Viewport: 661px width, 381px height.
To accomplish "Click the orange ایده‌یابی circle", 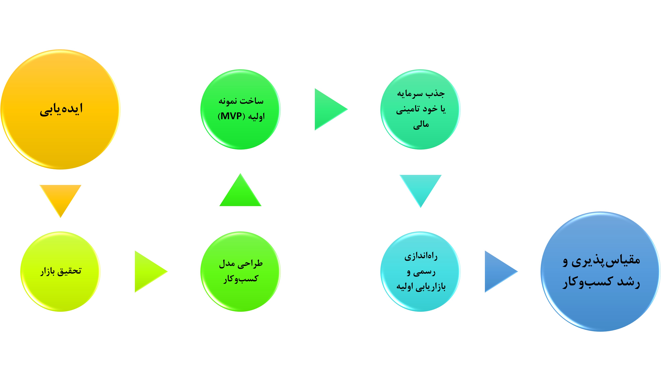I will (x=60, y=109).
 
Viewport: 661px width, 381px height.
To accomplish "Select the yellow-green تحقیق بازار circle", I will (x=60, y=271).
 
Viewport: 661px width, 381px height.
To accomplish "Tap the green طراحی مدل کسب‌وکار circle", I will (x=240, y=271).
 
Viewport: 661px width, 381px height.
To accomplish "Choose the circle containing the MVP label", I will (x=240, y=109).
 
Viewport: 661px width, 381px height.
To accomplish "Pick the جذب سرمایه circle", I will (x=420, y=109).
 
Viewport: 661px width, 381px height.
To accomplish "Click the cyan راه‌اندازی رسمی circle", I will (x=420, y=271).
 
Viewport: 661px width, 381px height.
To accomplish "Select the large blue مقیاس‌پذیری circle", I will (x=600, y=271).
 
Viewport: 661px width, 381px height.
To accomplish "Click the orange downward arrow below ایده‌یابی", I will (x=60, y=198).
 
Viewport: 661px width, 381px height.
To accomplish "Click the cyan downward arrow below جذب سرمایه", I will (x=420, y=188).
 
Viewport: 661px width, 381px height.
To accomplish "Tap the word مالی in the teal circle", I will (x=421, y=125).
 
